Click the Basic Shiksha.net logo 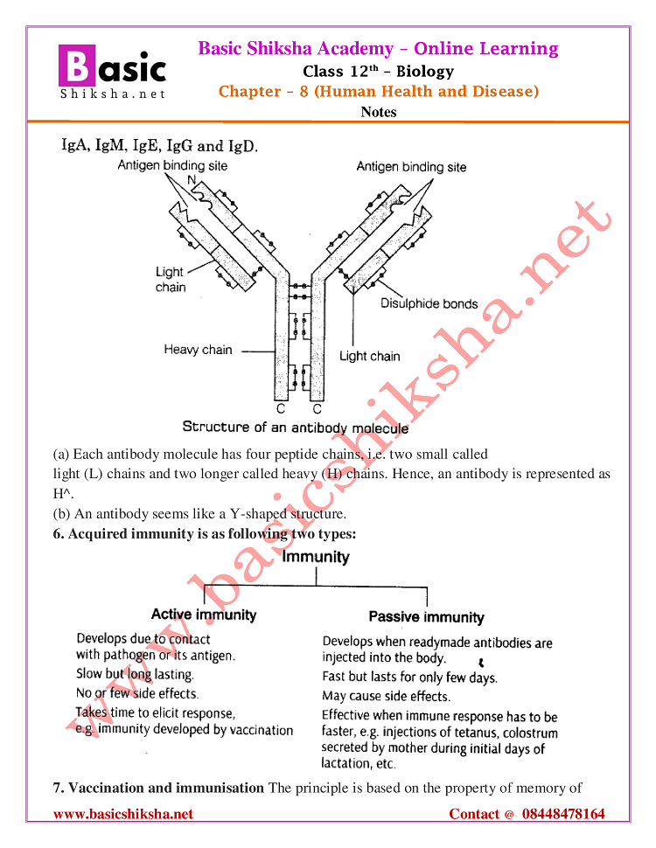click(x=111, y=71)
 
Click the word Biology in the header click(x=424, y=71)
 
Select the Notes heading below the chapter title click(x=378, y=112)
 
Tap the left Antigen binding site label click(x=173, y=165)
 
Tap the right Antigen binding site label click(x=411, y=166)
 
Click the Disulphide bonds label click(x=429, y=304)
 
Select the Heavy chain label click(x=198, y=350)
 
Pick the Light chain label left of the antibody click(x=170, y=279)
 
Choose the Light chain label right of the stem click(x=369, y=356)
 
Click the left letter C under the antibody click(x=281, y=408)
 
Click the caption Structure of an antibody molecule click(x=295, y=427)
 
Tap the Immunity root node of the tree click(x=315, y=557)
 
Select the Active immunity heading click(x=204, y=615)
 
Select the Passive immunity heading click(x=426, y=617)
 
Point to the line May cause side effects click(x=386, y=697)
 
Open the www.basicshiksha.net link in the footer click(x=123, y=814)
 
